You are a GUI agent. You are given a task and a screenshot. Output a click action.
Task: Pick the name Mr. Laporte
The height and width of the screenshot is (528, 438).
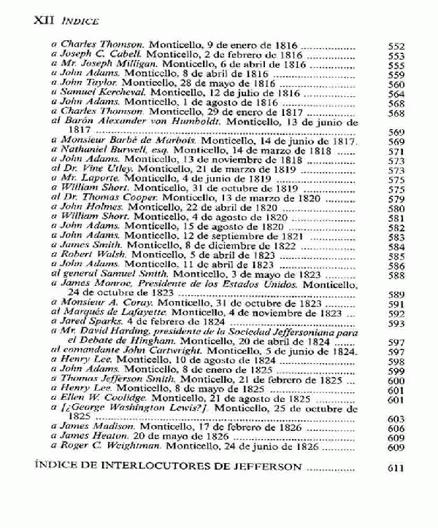coord(86,179)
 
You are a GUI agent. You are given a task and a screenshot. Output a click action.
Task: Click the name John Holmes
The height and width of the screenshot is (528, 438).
coord(88,208)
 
